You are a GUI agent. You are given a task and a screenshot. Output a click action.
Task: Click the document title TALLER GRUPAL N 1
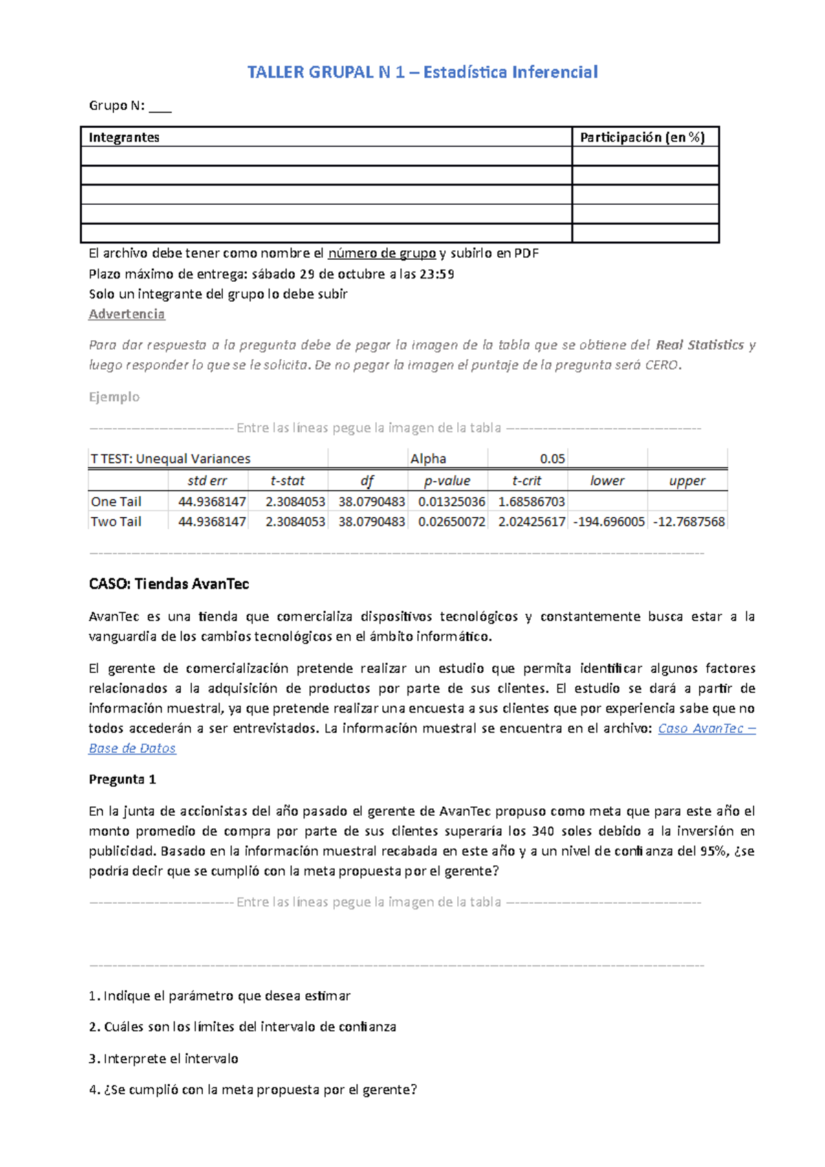pos(422,72)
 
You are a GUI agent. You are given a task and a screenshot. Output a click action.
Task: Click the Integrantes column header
pos(124,137)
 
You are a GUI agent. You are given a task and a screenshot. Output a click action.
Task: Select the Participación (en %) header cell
pos(642,137)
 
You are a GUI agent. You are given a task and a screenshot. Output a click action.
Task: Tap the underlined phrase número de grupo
pos(382,253)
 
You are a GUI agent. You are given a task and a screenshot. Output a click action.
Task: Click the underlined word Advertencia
pos(126,314)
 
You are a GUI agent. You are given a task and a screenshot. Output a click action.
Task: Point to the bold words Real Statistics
pos(699,345)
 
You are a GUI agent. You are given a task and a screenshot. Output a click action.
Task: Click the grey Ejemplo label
pos(114,397)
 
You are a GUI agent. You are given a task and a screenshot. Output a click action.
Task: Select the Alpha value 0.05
pos(552,458)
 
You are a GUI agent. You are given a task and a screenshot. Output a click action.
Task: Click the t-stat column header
pos(287,480)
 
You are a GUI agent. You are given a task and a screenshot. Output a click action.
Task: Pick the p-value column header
pos(447,480)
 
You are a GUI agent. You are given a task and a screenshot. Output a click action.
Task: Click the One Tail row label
pos(116,502)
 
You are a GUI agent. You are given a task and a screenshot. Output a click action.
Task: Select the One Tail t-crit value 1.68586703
pos(531,502)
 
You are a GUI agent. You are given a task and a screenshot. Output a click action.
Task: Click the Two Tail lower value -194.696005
pos(608,522)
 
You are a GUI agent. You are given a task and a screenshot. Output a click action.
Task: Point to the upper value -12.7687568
pos(689,522)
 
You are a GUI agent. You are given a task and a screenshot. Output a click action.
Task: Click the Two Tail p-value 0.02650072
pos(452,522)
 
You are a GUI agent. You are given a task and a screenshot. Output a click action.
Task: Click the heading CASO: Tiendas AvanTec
pos(168,584)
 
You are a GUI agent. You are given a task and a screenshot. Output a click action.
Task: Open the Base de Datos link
pos(132,748)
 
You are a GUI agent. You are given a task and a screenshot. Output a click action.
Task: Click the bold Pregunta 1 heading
pos(122,779)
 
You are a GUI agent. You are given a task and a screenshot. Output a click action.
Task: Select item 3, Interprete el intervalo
pos(164,1058)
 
